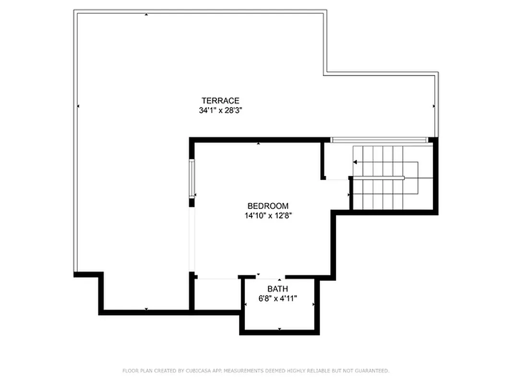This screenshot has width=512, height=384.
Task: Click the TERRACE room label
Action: [x=220, y=100]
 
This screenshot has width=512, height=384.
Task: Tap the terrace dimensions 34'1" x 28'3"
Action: [x=220, y=110]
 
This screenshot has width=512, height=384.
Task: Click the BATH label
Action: [x=278, y=289]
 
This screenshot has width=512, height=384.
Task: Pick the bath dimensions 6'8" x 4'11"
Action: [x=278, y=299]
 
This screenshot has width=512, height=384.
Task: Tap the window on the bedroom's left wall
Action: [x=192, y=178]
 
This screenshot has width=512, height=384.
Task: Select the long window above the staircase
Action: [x=379, y=140]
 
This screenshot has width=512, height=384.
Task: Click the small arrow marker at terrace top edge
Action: [x=146, y=14]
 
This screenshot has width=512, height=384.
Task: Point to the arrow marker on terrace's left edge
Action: [x=78, y=106]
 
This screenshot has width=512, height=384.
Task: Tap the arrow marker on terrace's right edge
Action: [x=434, y=106]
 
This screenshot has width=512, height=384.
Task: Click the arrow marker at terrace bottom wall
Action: [x=146, y=309]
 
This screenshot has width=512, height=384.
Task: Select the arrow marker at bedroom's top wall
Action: [x=259, y=143]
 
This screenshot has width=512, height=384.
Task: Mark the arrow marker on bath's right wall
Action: [x=313, y=304]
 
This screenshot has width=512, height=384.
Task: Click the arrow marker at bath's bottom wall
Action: [x=280, y=329]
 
